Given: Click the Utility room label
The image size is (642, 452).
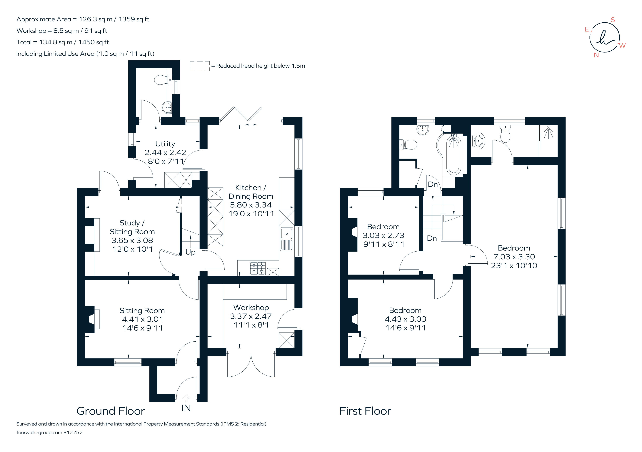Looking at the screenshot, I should coord(165,144).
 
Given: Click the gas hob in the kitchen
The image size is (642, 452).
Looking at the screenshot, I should coord(258,268).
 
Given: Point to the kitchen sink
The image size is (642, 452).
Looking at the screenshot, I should coord(287,239).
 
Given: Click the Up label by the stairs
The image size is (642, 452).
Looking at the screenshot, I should coord(190,252).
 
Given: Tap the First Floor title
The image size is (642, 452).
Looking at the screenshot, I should coord(365,411).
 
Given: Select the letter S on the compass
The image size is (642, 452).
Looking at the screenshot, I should coord(613,20).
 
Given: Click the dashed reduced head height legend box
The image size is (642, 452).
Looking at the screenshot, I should coord(200,66).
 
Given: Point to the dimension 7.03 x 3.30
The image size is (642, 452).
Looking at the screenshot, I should coord(514,257).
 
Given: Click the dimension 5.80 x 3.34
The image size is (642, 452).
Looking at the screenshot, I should coord(251,205).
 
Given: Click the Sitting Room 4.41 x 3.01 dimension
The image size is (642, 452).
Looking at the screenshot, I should coord(142,319).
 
